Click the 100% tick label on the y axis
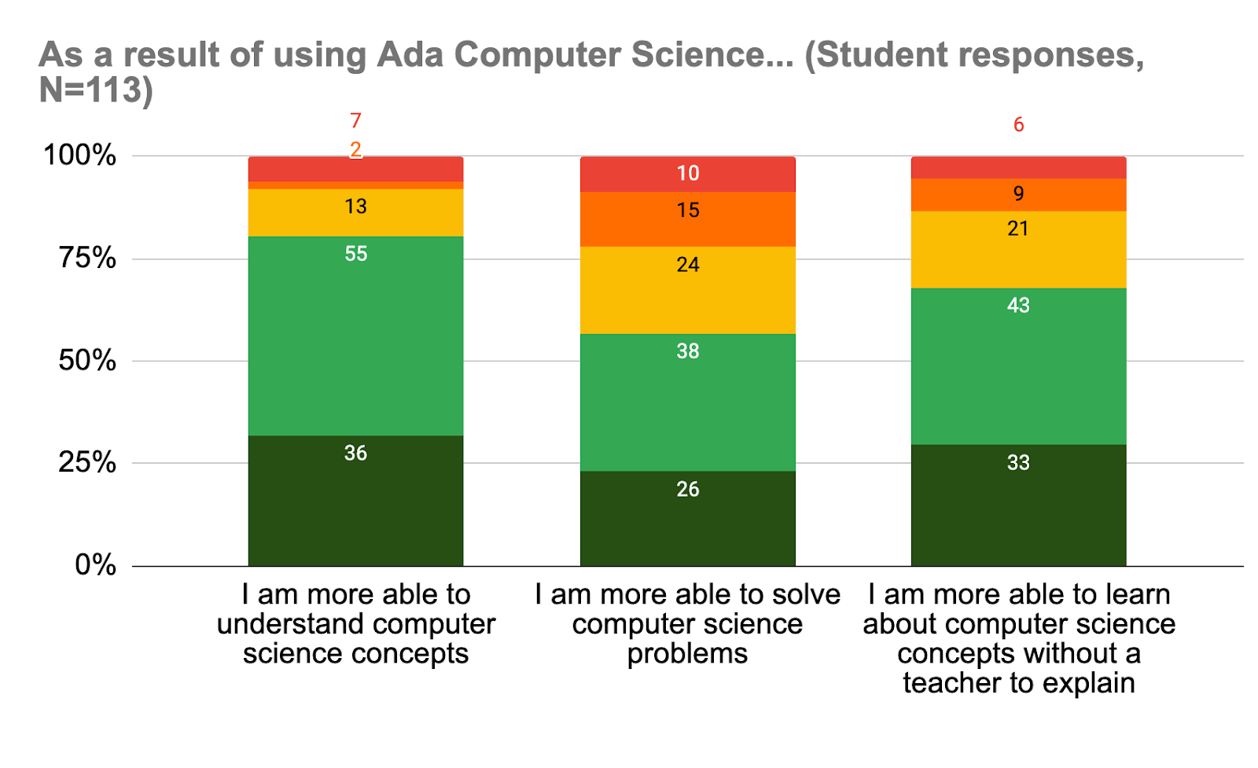80,155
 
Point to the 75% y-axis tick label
87,258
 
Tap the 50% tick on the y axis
87,361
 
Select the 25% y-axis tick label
87,462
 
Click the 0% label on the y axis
95,564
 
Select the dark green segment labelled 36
355,500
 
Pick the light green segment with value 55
355,336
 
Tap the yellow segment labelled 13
355,212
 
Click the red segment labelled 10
687,174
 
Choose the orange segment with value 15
687,219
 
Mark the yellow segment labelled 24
687,290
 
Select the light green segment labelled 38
687,402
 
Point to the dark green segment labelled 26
687,518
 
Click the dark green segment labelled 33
1018,505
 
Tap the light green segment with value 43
1018,366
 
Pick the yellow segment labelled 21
1018,249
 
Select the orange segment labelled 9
1018,194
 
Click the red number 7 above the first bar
355,120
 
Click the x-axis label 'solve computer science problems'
687,623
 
